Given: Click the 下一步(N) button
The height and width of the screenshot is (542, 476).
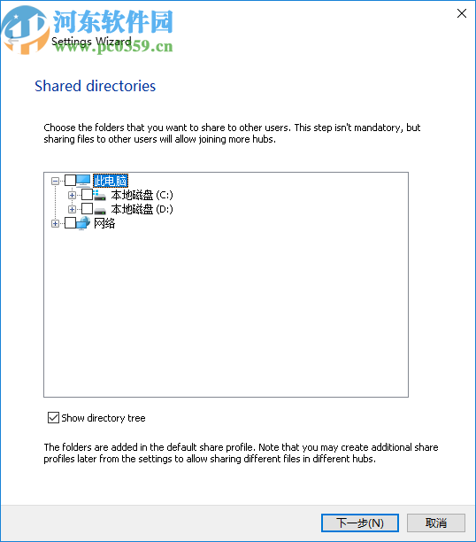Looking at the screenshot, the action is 359,523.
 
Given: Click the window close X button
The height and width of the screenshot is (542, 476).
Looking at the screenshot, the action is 461,13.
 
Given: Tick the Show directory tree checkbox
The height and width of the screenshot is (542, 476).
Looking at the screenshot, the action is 54,418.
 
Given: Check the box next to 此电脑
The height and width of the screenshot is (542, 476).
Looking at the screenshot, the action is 71,181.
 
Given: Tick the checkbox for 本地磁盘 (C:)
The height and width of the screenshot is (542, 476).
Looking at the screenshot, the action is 87,195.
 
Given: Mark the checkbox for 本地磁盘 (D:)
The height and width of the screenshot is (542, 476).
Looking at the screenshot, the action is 87,209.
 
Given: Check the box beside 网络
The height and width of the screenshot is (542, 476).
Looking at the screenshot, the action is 71,223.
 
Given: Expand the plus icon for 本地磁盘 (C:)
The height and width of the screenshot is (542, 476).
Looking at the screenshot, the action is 73,195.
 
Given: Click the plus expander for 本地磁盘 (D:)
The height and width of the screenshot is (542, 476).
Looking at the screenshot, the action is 73,209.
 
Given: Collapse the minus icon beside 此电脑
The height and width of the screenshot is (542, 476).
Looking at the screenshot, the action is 56,181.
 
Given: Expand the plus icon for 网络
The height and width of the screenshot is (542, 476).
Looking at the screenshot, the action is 56,223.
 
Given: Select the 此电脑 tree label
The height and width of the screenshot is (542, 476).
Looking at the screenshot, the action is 110,181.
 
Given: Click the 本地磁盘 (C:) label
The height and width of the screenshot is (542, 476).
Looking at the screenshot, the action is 142,195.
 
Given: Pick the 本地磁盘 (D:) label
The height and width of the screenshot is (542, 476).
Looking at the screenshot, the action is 142,209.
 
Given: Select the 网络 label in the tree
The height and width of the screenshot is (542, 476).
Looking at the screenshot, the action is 104,223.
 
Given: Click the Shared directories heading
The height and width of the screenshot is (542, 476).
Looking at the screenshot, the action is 95,86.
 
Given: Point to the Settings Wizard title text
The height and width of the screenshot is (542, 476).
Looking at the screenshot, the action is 91,42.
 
